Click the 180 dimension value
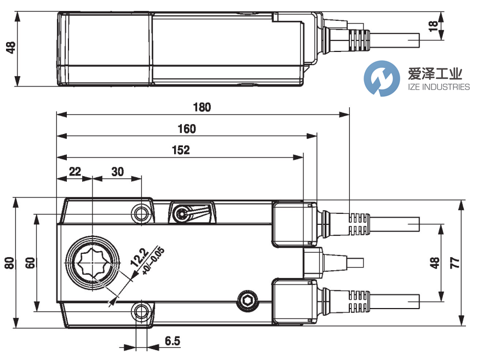click(202, 107)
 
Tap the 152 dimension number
click(180, 150)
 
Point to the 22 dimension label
click(74, 171)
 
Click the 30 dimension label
click(117, 171)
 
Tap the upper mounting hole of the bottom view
click(142, 213)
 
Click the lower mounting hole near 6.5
click(142, 312)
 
